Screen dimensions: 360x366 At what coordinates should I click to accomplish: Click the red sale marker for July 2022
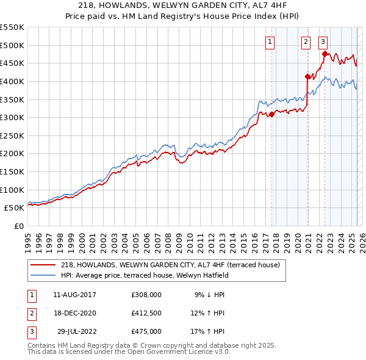325,54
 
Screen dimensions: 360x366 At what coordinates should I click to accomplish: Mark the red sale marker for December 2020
307,77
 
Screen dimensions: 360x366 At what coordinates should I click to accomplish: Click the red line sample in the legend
43,265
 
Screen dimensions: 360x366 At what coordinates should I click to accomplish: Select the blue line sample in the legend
43,275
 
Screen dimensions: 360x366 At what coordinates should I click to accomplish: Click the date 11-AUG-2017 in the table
74,295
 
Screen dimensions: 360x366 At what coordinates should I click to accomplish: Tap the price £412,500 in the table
146,313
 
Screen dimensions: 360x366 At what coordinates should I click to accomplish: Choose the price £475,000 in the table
146,331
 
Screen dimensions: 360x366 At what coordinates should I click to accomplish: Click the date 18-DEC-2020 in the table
74,313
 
